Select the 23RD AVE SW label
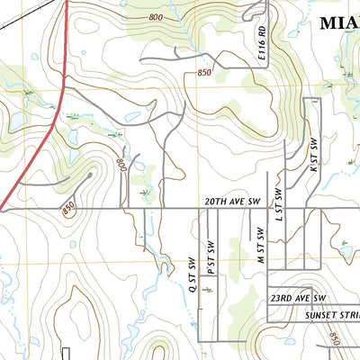[298, 296]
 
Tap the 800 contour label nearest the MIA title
[157, 18]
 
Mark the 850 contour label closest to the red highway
[69, 207]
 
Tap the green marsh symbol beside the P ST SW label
[209, 290]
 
